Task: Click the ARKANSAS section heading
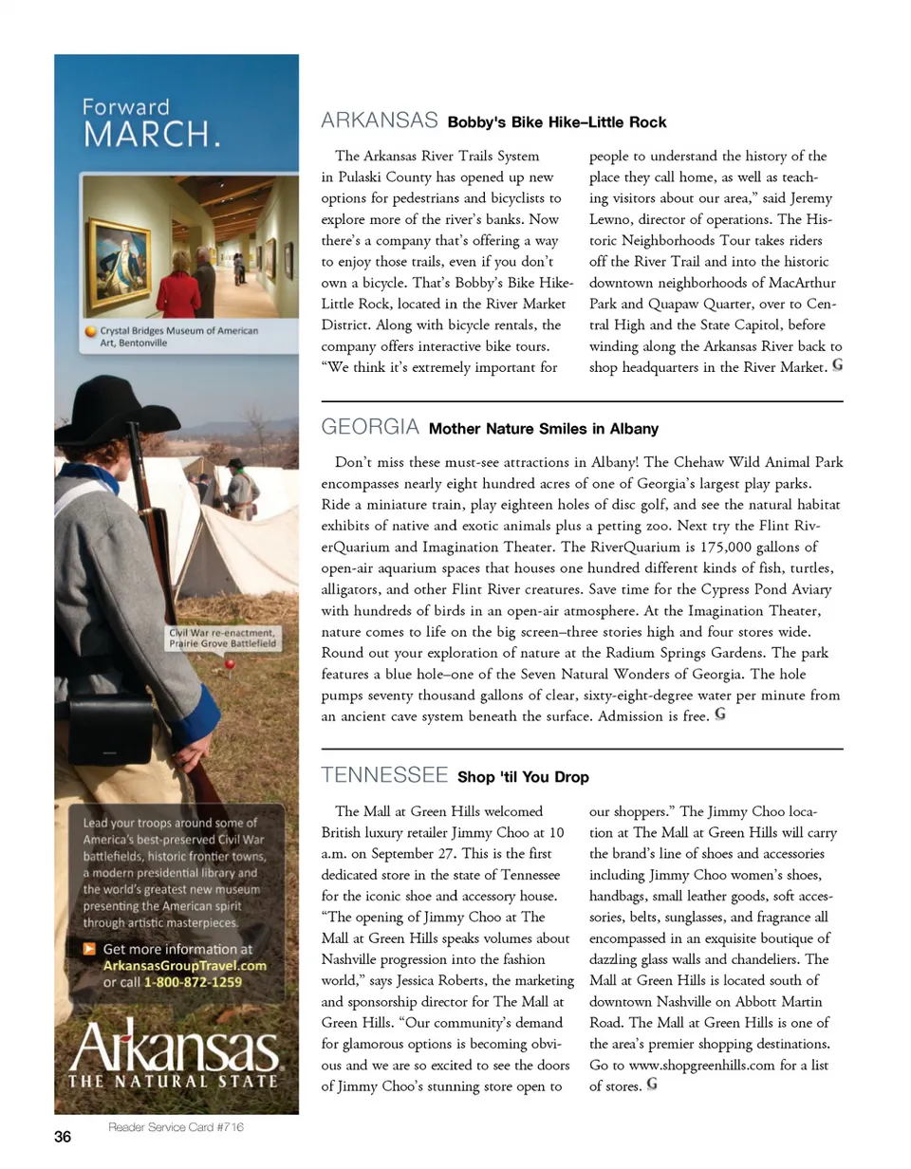coord(380,121)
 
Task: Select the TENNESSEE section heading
coord(384,775)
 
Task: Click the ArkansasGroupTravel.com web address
coord(184,965)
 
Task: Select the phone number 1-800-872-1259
coord(194,982)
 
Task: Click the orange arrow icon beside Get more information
coord(89,948)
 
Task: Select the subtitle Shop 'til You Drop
coord(523,777)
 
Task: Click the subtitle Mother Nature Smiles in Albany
coord(544,429)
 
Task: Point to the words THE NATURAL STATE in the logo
coord(174,1080)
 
